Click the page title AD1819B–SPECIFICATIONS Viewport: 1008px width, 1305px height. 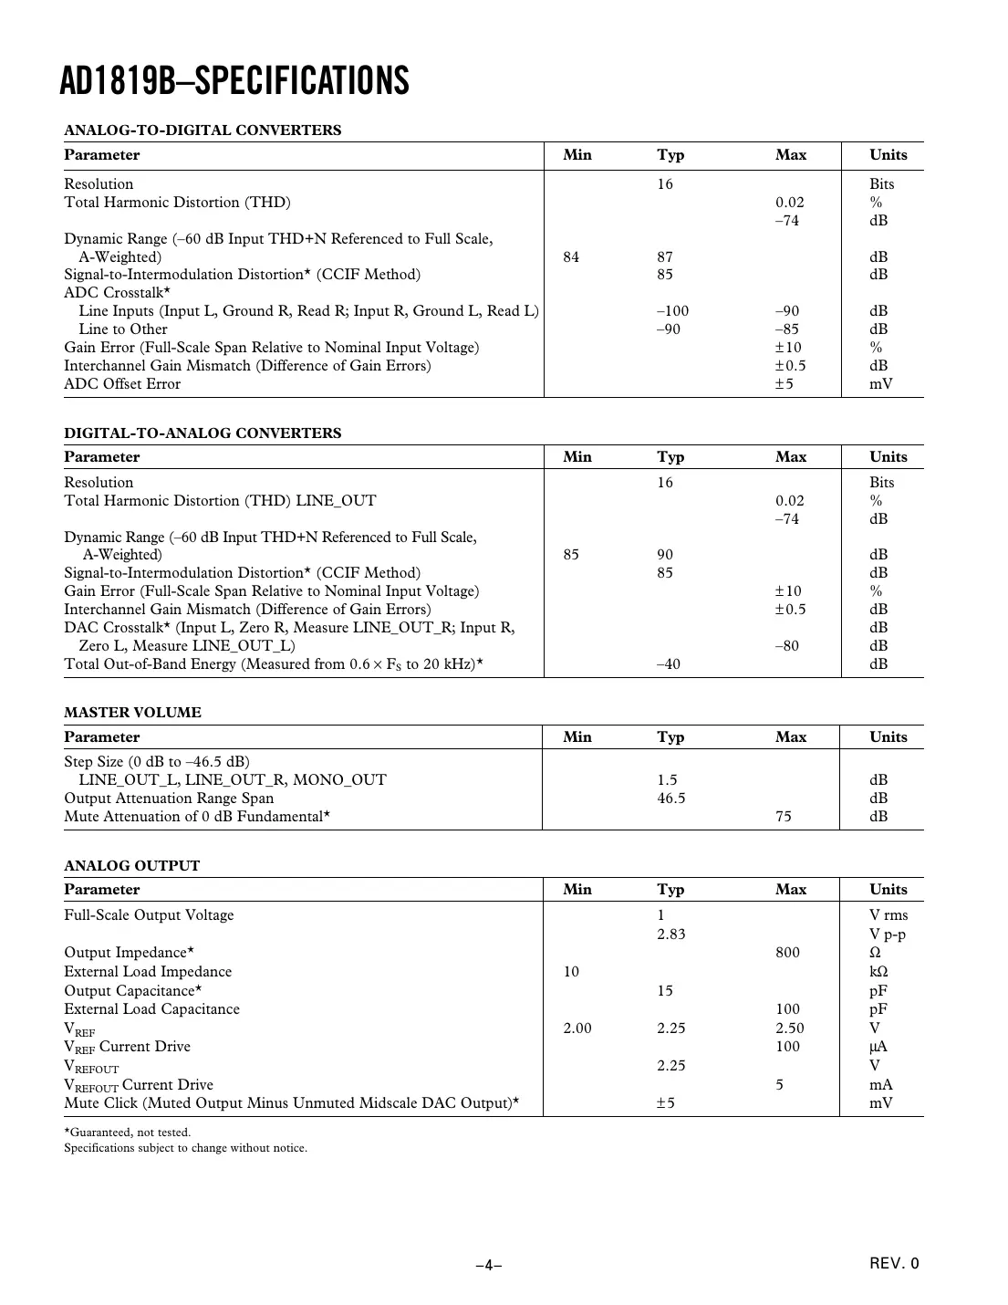pos(234,81)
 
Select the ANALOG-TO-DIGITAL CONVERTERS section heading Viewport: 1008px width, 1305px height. pos(203,130)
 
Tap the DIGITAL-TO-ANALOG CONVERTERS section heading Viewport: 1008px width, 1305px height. pos(203,433)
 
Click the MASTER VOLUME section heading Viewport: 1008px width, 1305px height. pos(132,713)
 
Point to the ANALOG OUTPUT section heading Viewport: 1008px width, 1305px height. pos(131,866)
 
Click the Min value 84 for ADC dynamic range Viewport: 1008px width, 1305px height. pos(571,257)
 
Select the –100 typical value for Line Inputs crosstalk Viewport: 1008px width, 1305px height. pos(672,311)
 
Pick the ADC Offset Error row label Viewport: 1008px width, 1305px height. pos(122,384)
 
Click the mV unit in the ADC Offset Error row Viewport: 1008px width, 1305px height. pos(880,384)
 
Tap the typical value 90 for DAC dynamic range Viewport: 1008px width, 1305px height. pos(665,555)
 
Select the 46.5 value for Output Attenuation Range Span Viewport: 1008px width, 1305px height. pos(670,799)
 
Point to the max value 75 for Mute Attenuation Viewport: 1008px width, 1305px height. pos(784,817)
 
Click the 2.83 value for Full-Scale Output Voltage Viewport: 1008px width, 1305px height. pos(670,934)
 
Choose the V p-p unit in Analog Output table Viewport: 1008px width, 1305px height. pos(887,934)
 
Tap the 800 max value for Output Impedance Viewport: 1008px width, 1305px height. pos(787,953)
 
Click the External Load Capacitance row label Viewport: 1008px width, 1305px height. pos(151,1009)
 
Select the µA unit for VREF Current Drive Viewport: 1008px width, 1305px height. pos(878,1047)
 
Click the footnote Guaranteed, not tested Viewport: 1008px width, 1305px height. pos(128,1133)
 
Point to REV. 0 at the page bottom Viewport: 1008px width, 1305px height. pos(894,1264)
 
